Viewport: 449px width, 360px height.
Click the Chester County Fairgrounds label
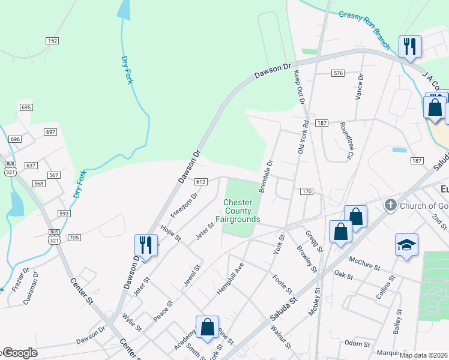pyautogui.click(x=242, y=211)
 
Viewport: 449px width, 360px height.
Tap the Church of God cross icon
pyautogui.click(x=390, y=205)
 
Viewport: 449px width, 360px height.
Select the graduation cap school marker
pyautogui.click(x=406, y=245)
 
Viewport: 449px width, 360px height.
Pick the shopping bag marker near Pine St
pyautogui.click(x=207, y=327)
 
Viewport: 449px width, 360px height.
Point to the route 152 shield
pyautogui.click(x=52, y=40)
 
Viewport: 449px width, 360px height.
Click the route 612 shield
pyautogui.click(x=200, y=181)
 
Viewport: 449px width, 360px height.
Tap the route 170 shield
pyautogui.click(x=307, y=191)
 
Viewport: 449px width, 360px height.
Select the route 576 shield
pyautogui.click(x=338, y=73)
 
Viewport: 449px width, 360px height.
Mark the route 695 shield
pyautogui.click(x=25, y=107)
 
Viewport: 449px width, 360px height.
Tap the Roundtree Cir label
pyautogui.click(x=345, y=141)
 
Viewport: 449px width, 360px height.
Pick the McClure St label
pyautogui.click(x=366, y=263)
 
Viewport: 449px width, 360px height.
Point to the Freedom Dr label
pyautogui.click(x=184, y=205)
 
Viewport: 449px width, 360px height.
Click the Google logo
pyautogui.click(x=19, y=353)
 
